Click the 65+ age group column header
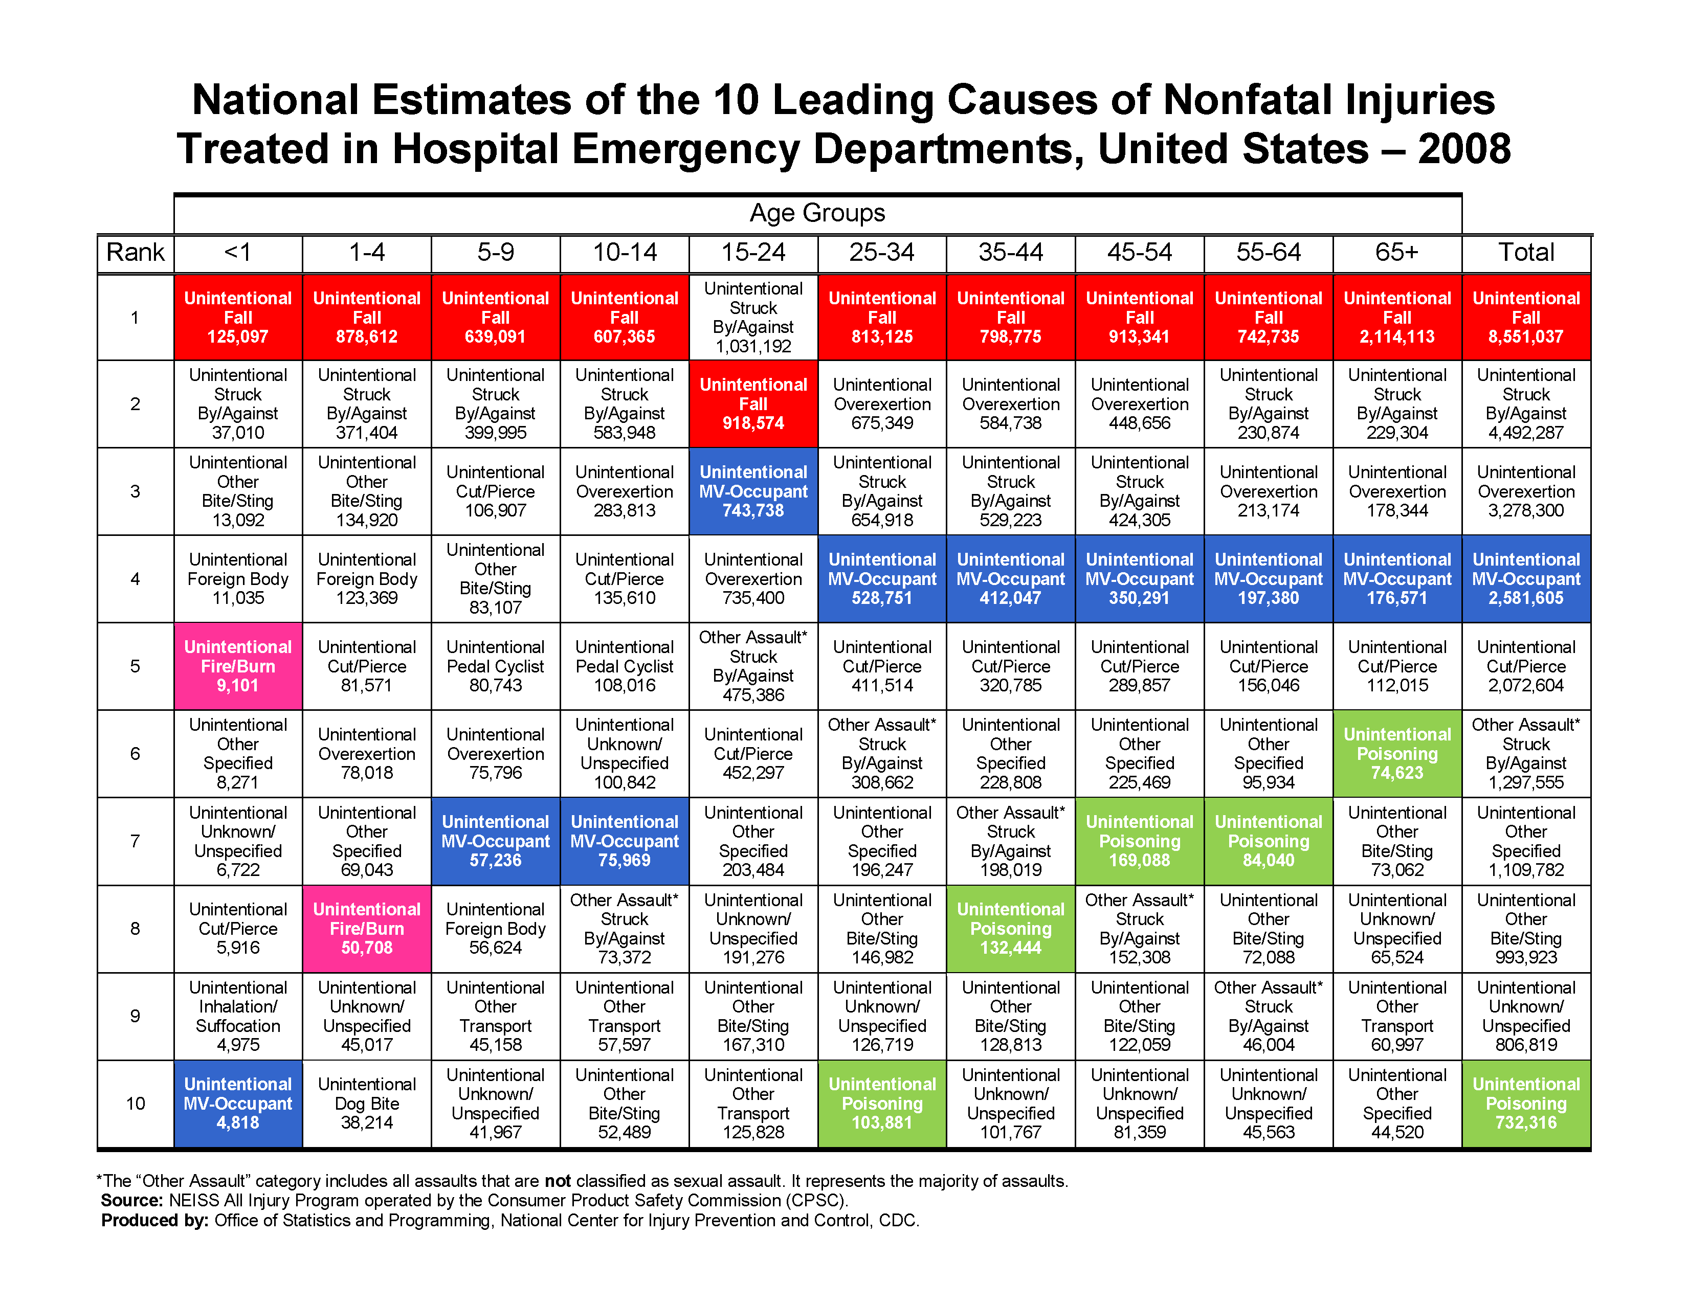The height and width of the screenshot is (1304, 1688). (x=1396, y=253)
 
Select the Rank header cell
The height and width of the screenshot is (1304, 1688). (x=135, y=253)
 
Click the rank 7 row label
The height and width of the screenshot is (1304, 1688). (x=135, y=841)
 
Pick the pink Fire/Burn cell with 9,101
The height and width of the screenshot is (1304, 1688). (x=238, y=666)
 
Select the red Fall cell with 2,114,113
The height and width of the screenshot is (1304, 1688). (x=1396, y=318)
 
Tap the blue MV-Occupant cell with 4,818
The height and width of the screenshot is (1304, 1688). (x=238, y=1103)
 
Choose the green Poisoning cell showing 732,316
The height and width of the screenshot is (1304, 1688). (x=1526, y=1103)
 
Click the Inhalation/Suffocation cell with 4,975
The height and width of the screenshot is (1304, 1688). (x=238, y=1016)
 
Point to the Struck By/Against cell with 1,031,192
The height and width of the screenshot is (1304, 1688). (x=753, y=318)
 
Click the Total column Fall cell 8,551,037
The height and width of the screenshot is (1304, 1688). (x=1526, y=318)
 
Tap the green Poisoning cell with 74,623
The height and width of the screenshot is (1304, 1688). (x=1396, y=753)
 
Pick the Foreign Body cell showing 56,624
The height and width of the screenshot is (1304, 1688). (x=496, y=929)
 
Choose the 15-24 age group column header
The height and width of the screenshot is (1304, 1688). (x=753, y=253)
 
